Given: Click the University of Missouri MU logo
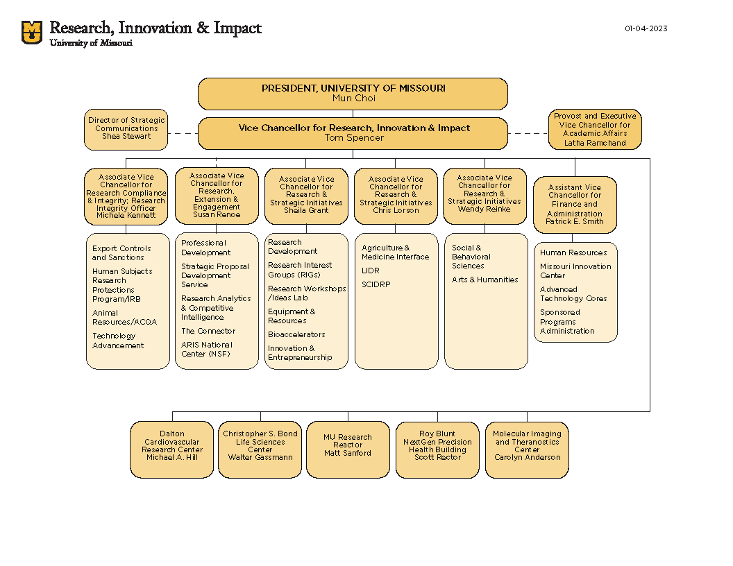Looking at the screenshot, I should [32, 33].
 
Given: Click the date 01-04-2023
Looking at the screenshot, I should [646, 28].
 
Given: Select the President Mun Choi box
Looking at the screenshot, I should [353, 94].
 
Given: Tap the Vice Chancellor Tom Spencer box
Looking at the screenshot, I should [353, 133].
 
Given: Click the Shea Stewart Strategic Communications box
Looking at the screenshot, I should [126, 129].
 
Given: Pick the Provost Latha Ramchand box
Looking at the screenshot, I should [595, 130].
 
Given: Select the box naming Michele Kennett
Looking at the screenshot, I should [126, 196].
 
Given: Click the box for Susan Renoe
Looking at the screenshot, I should [217, 196].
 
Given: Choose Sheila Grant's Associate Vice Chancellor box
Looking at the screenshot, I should [306, 196].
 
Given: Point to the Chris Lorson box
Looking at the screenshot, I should [396, 196].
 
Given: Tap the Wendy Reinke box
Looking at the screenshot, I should [485, 196].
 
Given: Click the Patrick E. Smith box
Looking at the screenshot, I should [575, 205].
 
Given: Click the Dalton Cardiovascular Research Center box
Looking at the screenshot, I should [171, 449].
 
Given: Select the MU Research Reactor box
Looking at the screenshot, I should [348, 449].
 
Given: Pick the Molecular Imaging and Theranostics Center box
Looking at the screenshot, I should [527, 449].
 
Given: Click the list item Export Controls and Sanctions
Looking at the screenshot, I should [121, 253].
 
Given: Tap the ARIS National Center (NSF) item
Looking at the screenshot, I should [207, 350].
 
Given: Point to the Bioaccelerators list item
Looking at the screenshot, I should [296, 335].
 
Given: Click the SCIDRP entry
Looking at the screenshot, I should [375, 284].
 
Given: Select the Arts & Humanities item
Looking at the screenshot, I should [485, 280].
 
